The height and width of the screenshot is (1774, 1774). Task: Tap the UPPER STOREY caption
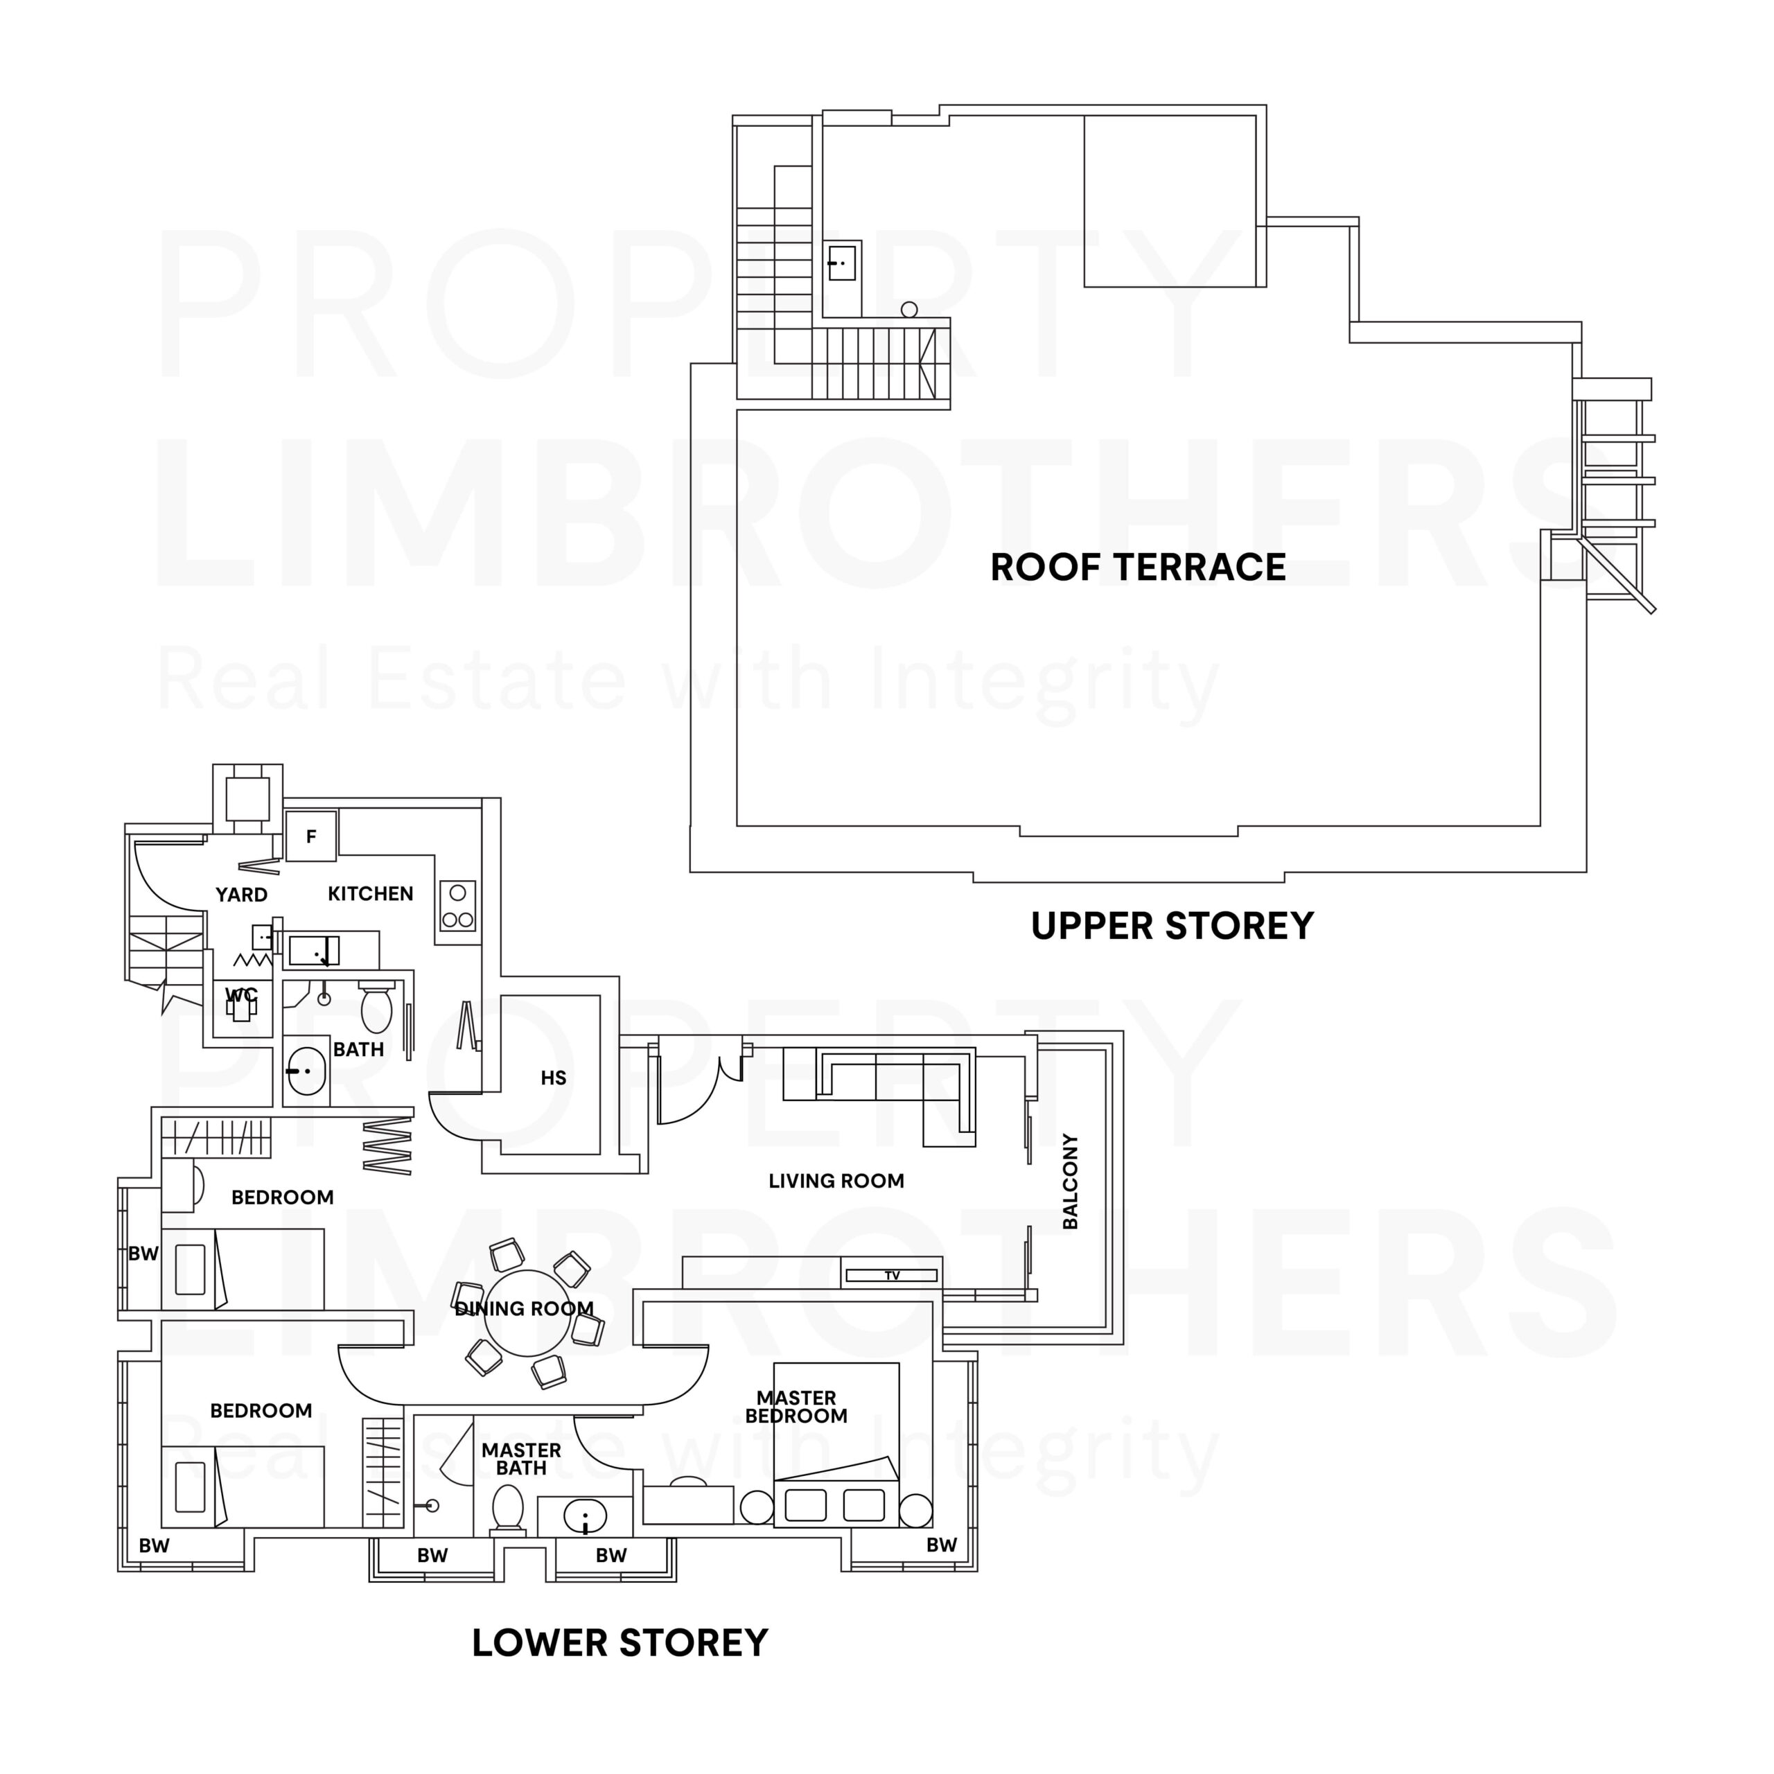(1172, 926)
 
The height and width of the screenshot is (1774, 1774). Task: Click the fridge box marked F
(310, 836)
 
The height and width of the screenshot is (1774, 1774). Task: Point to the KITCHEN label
(370, 893)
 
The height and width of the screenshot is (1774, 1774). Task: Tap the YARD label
(241, 895)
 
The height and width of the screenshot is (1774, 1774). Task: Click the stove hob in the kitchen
(457, 906)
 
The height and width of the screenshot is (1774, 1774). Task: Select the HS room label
(553, 1078)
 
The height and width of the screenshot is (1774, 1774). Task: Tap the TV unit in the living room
(890, 1275)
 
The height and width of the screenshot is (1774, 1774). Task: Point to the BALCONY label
(1070, 1181)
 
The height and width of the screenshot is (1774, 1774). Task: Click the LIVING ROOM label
(836, 1181)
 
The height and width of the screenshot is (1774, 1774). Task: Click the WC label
(241, 995)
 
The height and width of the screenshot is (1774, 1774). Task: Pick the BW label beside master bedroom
(940, 1545)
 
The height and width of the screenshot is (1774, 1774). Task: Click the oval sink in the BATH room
(306, 1071)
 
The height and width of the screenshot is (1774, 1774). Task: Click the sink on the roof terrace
(841, 263)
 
